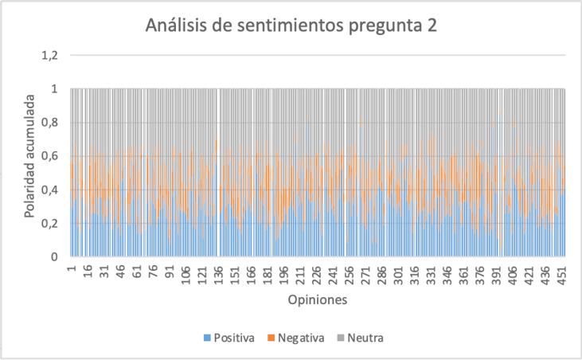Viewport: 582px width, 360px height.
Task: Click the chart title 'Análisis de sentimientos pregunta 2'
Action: coord(291,25)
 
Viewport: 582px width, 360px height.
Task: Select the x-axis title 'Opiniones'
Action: coord(318,301)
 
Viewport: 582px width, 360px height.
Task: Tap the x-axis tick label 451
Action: coord(561,272)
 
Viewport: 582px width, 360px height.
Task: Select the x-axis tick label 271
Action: coord(365,272)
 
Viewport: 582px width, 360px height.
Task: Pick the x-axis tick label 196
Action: coord(283,272)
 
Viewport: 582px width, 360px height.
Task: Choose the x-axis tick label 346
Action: coord(447,272)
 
